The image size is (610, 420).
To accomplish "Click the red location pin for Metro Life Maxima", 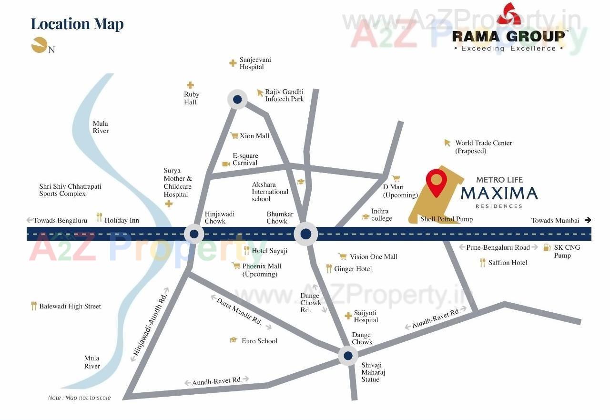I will click(436, 182).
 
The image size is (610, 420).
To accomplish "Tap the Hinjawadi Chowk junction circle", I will click(194, 234).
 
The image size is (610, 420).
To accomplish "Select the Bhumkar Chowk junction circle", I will click(305, 234).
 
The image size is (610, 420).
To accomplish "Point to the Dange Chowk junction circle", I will click(348, 356).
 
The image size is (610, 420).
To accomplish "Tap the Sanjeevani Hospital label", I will click(255, 63).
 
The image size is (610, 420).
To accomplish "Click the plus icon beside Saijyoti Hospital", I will click(348, 316).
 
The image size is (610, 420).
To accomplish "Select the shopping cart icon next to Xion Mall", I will click(234, 136).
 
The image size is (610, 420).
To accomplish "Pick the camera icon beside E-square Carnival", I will click(226, 164).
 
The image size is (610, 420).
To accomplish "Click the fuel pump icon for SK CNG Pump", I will click(547, 247).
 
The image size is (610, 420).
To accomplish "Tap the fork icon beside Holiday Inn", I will click(99, 217).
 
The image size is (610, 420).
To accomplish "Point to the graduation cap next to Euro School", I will click(233, 340).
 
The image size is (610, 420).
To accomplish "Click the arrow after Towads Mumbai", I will click(588, 220).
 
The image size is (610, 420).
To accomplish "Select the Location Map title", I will click(77, 24).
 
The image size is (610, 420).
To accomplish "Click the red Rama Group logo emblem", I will click(508, 14).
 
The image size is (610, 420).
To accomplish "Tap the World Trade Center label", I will click(483, 146).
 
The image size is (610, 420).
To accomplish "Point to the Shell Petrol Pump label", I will click(447, 219).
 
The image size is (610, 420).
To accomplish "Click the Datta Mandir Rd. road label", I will click(239, 311).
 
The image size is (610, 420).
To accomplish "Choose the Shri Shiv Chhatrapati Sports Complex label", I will click(70, 190).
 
